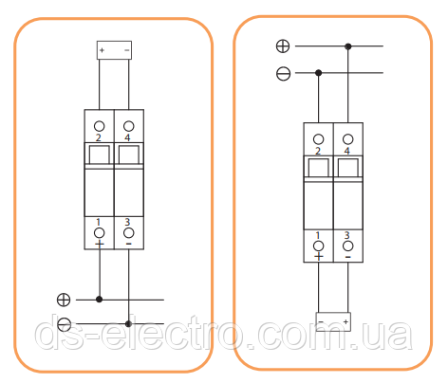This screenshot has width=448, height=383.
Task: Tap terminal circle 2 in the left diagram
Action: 99,126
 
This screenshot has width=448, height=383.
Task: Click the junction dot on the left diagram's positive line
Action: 99,300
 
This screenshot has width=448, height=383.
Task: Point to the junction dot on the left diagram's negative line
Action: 128,324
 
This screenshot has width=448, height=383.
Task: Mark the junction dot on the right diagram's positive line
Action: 348,46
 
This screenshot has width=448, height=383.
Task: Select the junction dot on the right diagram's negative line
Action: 319,73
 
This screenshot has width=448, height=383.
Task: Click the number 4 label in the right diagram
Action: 347,151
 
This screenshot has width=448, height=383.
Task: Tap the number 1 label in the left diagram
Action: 98,222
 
